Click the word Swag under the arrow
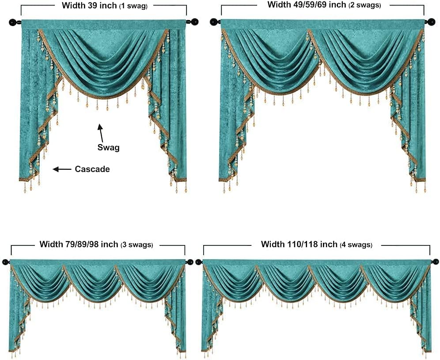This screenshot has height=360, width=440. tap(108, 148)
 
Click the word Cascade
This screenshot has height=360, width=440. tap(92, 169)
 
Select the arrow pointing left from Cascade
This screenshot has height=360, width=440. tap(62, 169)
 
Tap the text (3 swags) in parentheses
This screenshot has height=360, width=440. tap(137, 245)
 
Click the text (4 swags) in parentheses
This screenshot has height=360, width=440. tap(356, 245)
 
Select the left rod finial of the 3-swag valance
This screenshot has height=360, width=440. tap(5, 262)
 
